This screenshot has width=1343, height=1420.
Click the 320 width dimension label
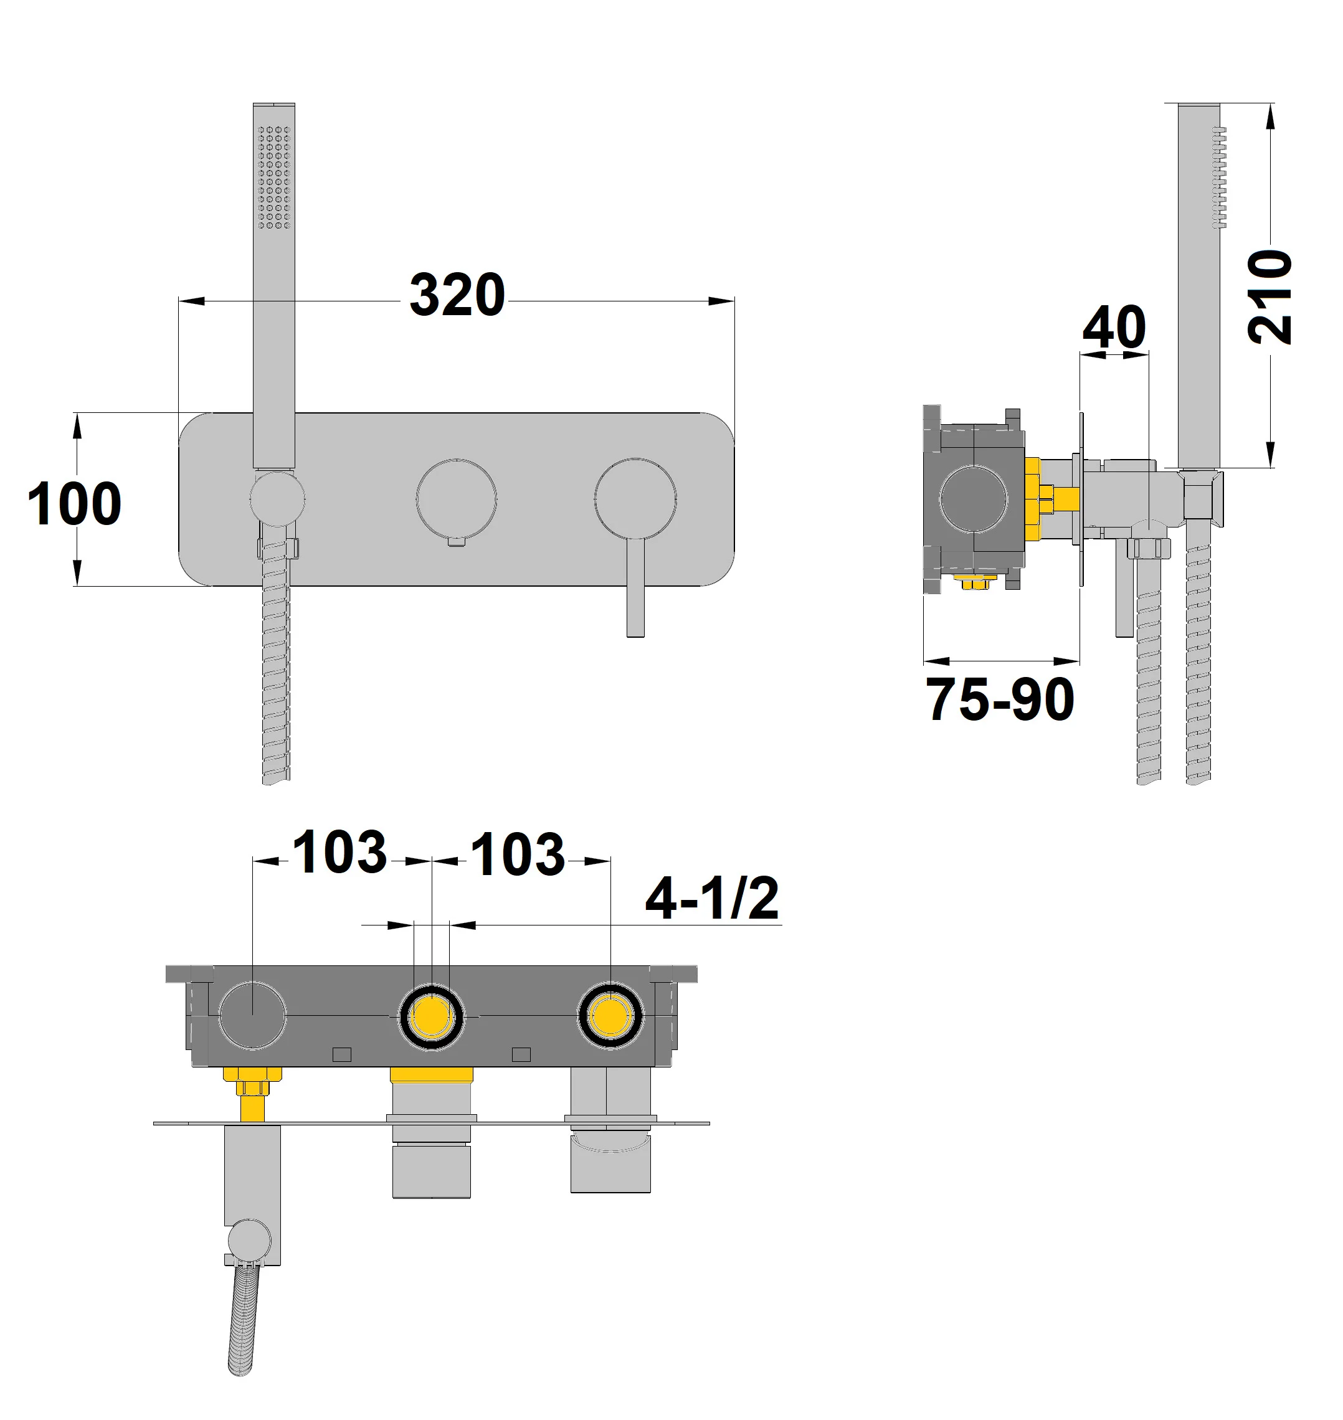[x=457, y=295]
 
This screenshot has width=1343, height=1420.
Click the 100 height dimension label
[x=75, y=504]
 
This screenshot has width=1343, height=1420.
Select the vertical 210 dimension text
[x=1269, y=296]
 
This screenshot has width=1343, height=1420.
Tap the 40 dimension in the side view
[x=1114, y=327]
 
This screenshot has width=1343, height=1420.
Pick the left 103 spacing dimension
[x=340, y=853]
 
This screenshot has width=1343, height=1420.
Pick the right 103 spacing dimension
[x=518, y=854]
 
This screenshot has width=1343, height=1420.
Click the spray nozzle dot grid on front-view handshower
[x=273, y=177]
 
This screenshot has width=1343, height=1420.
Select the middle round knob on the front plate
[x=456, y=498]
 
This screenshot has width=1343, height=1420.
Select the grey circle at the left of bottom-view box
[x=253, y=1016]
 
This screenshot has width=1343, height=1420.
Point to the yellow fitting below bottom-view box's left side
[x=252, y=1093]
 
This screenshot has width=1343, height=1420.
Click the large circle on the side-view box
[x=973, y=498]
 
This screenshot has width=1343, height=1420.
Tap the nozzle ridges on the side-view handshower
[x=1218, y=177]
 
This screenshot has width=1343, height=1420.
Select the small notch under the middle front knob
[x=456, y=542]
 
